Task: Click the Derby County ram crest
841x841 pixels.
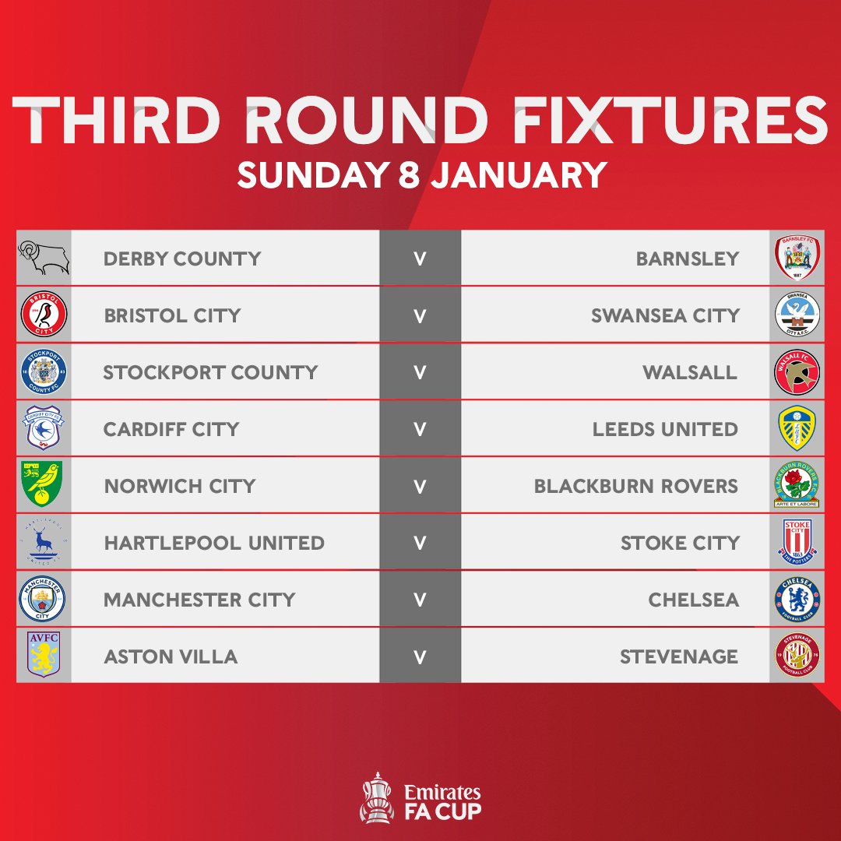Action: tap(44, 258)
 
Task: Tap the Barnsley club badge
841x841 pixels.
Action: tap(797, 258)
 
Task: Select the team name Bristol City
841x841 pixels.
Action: tap(172, 315)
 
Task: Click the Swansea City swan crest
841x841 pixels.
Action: tap(797, 315)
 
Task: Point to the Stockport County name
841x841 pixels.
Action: tap(210, 372)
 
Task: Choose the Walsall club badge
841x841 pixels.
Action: tap(797, 372)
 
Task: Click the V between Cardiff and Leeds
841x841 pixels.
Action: tap(420, 429)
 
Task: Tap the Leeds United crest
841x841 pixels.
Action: tap(797, 429)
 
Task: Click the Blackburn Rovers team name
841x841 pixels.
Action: tap(635, 486)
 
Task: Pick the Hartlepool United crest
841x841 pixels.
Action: tap(44, 542)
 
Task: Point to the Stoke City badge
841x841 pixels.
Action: tap(797, 542)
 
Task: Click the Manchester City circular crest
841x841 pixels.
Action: tap(44, 600)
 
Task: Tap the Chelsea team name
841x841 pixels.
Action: tap(693, 600)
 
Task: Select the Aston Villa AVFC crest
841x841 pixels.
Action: tap(44, 656)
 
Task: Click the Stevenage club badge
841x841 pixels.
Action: tap(797, 656)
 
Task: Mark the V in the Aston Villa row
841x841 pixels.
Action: tap(420, 656)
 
